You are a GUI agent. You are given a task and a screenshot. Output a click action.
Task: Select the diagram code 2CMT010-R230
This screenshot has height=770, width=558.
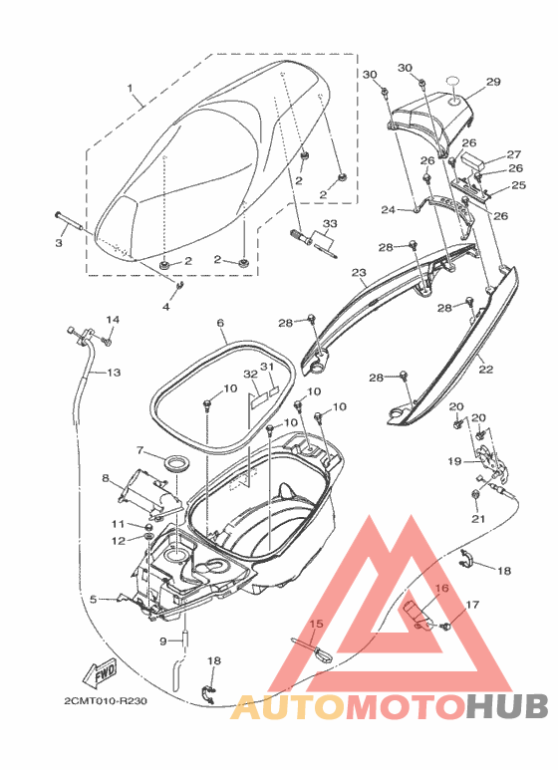click(x=105, y=700)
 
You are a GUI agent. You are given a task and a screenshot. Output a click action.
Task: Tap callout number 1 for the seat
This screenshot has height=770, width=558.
click(x=131, y=89)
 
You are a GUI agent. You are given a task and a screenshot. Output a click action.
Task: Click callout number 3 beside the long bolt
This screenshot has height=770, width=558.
click(x=59, y=243)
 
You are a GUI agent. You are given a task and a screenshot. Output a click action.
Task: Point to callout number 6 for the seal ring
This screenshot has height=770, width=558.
click(x=220, y=323)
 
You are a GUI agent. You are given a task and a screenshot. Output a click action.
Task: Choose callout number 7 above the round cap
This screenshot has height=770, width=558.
click(x=139, y=450)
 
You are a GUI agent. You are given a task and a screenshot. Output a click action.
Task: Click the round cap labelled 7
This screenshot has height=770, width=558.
click(x=174, y=464)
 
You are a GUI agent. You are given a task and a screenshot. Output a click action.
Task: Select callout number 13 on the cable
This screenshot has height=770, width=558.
click(x=114, y=373)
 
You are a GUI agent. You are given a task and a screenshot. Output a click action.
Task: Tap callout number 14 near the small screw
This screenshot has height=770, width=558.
click(x=113, y=320)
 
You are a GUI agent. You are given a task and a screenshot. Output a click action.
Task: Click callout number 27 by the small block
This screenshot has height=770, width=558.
click(x=514, y=154)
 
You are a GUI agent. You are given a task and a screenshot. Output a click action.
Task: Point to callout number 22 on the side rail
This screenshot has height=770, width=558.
click(x=486, y=370)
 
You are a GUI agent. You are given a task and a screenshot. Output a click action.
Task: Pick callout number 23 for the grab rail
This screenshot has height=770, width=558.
click(x=359, y=272)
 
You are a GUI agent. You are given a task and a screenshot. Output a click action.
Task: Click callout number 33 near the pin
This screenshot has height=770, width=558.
click(x=330, y=224)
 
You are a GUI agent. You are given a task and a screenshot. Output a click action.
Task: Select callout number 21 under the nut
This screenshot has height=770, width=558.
click(x=478, y=519)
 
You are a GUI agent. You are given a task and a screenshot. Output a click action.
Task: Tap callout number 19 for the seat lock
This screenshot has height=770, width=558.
click(x=454, y=461)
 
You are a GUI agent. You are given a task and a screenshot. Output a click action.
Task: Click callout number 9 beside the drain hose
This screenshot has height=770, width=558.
click(x=163, y=641)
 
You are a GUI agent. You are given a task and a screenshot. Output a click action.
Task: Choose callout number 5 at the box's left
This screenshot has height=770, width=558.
click(x=94, y=599)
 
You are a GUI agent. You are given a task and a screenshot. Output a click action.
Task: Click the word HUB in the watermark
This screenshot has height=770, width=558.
click(x=507, y=706)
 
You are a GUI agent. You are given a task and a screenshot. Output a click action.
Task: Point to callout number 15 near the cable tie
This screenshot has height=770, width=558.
click(x=317, y=624)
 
